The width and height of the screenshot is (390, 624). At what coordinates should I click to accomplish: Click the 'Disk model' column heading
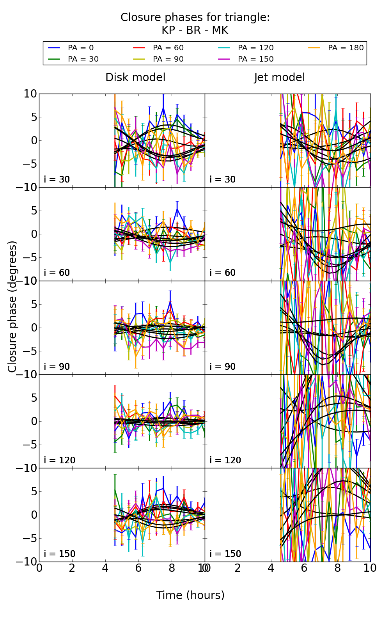pos(135,78)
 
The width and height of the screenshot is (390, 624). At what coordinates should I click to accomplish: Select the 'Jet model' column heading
pos(279,78)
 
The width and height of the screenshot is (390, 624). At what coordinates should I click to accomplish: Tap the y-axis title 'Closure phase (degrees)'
pos(12,307)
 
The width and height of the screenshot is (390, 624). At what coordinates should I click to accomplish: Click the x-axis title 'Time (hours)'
pos(190,596)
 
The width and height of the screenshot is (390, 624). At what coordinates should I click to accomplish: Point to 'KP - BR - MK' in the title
pos(195,30)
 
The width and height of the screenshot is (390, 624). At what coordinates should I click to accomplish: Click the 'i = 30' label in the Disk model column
pos(57,180)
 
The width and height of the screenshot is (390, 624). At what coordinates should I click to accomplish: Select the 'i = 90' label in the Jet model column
pos(223,367)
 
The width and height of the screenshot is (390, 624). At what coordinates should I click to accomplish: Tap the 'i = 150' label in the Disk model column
pos(59,554)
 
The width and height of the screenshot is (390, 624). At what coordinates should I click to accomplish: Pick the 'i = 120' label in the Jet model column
pos(225,460)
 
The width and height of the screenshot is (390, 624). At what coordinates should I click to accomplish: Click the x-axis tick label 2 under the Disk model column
pos(72,568)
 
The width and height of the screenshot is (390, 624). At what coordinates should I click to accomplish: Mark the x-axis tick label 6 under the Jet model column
pos(304,568)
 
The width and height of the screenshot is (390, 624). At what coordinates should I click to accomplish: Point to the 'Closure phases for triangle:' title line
pos(195,18)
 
